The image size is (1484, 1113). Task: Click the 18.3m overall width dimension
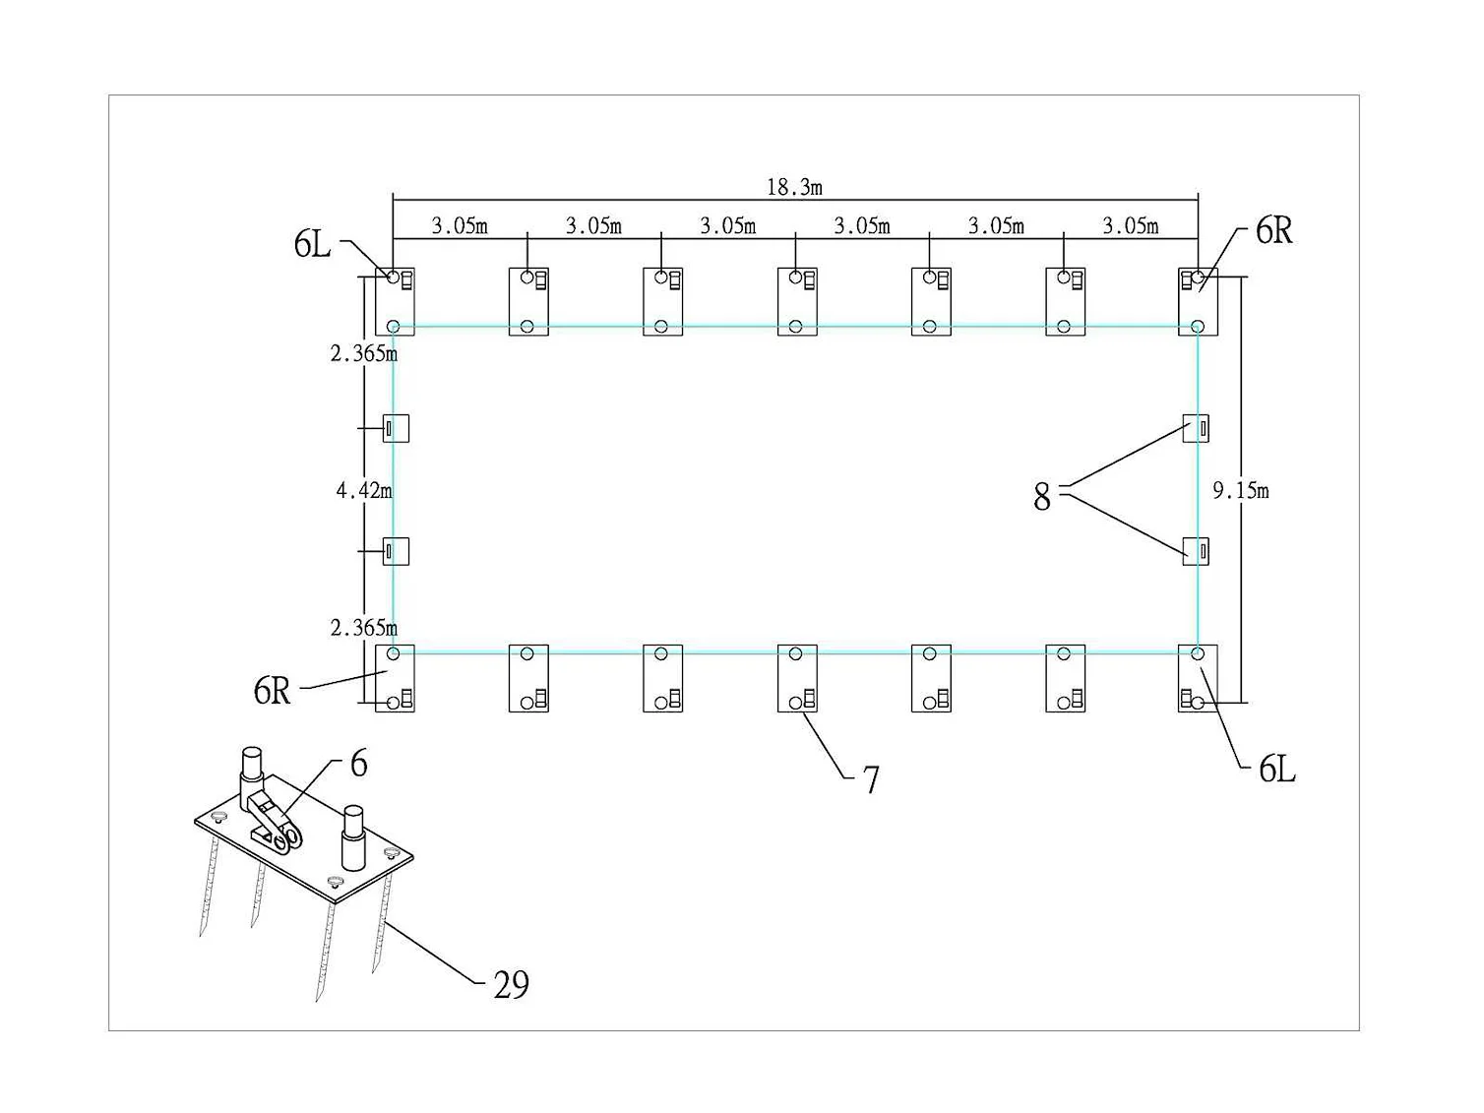(794, 187)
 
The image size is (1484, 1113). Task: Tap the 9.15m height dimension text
(1241, 491)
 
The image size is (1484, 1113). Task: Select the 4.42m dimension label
(364, 490)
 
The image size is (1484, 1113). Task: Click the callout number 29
(511, 985)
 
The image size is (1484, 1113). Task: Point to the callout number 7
(871, 779)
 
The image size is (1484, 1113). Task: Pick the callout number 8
(1042, 497)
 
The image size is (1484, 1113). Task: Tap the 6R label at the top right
(1273, 230)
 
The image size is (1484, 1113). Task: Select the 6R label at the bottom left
(272, 691)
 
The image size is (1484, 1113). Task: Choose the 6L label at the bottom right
(1277, 769)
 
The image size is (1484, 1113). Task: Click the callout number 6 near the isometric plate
(359, 764)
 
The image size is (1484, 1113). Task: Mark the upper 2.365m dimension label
(364, 353)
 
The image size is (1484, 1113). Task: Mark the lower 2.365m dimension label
(364, 628)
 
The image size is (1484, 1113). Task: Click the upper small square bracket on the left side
(397, 428)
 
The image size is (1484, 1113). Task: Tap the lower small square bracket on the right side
(1196, 551)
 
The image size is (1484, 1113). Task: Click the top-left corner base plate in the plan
(395, 301)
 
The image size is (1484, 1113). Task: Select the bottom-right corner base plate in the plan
(1198, 678)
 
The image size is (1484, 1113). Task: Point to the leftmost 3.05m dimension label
(460, 225)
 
